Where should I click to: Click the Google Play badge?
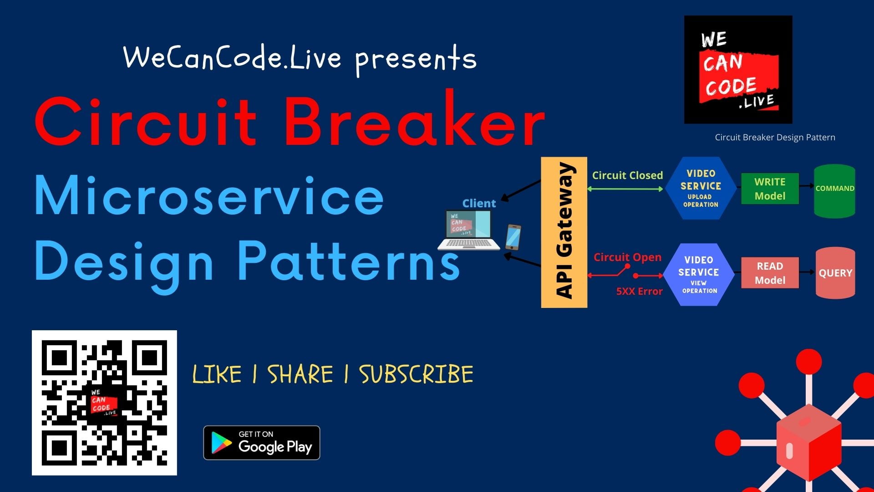point(261,443)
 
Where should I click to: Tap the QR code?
point(104,403)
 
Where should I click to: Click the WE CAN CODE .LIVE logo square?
point(738,70)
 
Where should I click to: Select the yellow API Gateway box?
point(564,232)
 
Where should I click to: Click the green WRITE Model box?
point(770,189)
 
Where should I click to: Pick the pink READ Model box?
point(770,273)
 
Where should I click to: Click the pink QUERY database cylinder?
point(835,273)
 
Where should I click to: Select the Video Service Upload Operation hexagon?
point(701,188)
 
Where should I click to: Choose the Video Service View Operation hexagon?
point(699,274)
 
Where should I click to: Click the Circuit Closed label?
point(627,175)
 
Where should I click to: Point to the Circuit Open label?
point(627,257)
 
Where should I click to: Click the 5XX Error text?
point(639,292)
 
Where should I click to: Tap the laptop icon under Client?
point(469,231)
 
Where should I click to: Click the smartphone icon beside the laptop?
point(513,237)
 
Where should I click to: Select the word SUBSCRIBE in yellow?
point(416,374)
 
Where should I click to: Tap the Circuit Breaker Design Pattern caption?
point(775,137)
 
